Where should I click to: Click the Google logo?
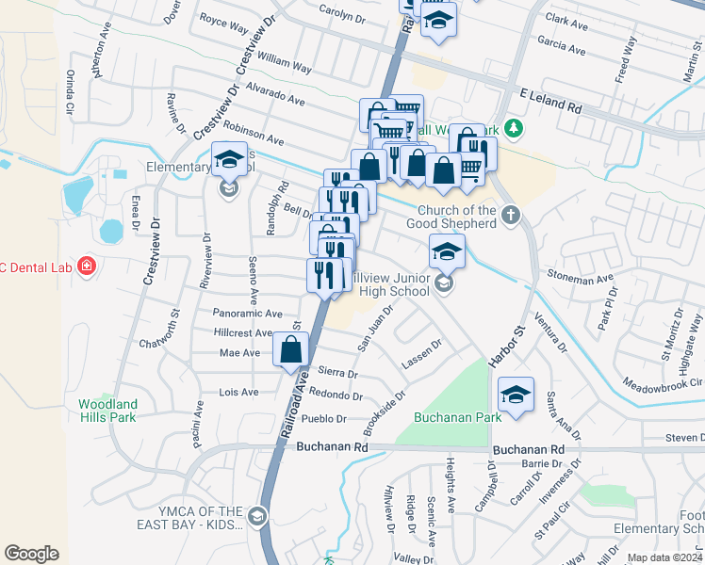coord(31,553)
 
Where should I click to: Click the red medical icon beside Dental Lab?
coord(87,267)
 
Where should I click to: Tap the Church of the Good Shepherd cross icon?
coord(511,215)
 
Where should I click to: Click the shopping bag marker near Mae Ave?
coord(291,349)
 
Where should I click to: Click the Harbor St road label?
coord(506,347)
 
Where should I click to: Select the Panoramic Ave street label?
coord(248,313)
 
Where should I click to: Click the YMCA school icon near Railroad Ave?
coord(256,515)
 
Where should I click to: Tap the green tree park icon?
coord(513,127)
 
